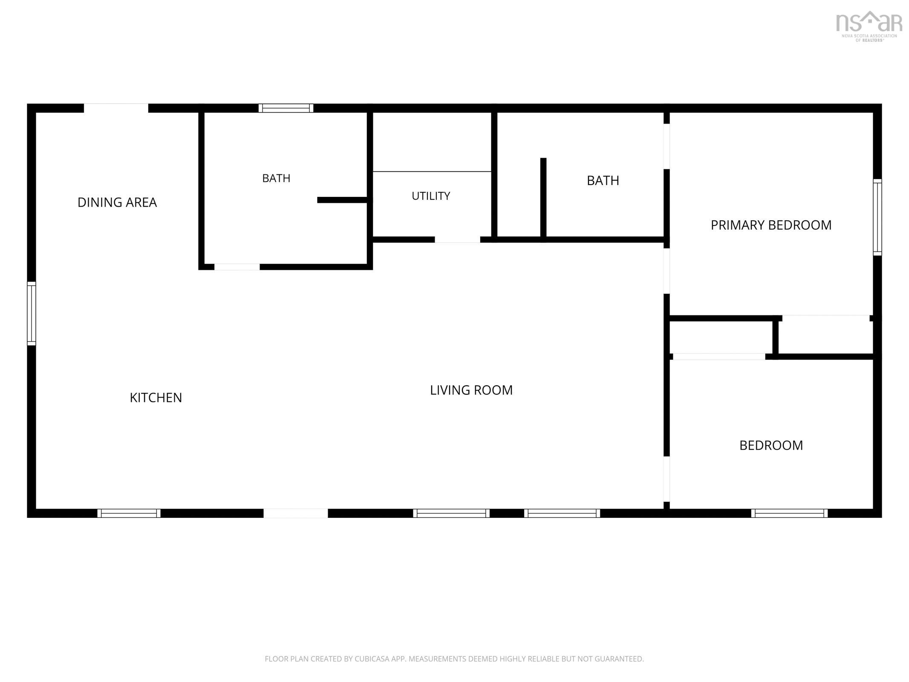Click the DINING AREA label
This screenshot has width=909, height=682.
point(117,202)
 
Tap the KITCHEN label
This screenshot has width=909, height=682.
point(156,397)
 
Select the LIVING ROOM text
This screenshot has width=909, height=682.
point(471,390)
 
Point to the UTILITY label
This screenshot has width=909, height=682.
point(431,196)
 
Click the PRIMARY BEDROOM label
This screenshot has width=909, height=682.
point(771,225)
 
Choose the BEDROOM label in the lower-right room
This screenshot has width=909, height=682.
point(771,445)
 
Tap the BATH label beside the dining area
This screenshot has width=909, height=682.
point(276,178)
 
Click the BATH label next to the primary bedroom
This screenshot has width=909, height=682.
point(603,181)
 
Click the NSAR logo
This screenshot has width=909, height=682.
point(869,26)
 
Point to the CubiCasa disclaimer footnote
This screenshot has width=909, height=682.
point(454,659)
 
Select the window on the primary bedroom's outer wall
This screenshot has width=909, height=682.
point(877,217)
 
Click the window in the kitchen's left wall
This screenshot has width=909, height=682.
point(32,313)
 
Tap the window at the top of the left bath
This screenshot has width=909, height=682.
point(286,108)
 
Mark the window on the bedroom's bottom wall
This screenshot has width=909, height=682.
point(789,513)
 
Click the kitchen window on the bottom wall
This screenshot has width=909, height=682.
point(129,513)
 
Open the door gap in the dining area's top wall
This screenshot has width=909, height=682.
point(116,108)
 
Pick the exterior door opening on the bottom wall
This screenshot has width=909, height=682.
point(296,513)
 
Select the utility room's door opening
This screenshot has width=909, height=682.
point(457,240)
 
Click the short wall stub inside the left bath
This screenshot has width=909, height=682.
point(343,200)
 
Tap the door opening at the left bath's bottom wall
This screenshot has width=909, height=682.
point(237,267)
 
